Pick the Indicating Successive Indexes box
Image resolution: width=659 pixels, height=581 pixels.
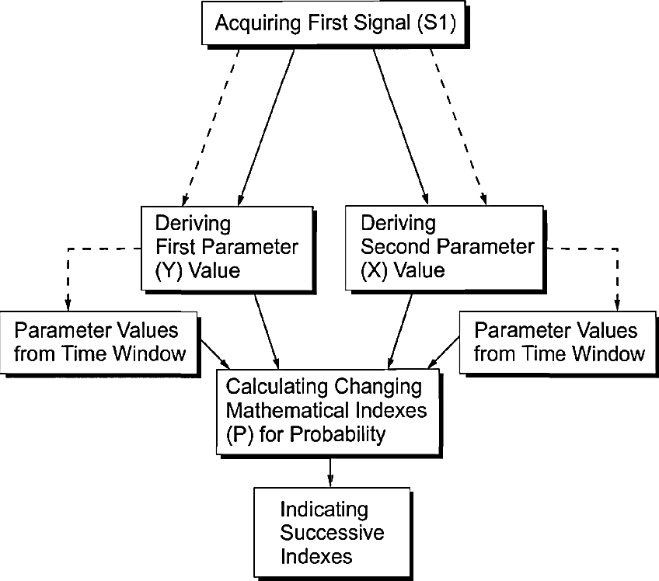click(331, 533)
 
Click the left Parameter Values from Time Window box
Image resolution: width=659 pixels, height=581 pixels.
click(99, 342)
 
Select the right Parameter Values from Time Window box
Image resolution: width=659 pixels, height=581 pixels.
click(558, 342)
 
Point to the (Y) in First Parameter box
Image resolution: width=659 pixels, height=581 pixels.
click(169, 270)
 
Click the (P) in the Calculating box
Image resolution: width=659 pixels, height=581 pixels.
click(237, 434)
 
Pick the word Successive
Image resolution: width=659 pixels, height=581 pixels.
click(332, 533)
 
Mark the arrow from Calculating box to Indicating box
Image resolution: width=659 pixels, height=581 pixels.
click(331, 471)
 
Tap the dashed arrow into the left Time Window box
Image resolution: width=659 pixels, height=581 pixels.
click(68, 276)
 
